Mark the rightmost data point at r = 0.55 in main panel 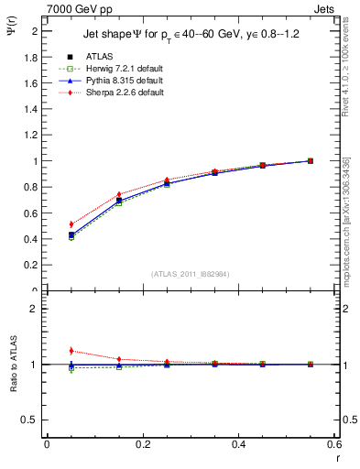pos(311,161)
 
